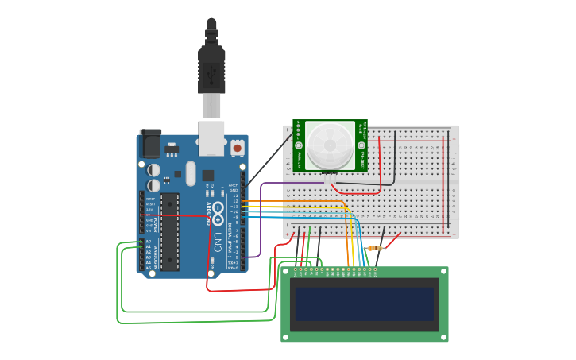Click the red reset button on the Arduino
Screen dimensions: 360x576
point(237,148)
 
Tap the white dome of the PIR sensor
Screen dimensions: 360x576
point(331,145)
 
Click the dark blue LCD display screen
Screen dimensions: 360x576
point(365,304)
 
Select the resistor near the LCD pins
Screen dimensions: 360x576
point(373,248)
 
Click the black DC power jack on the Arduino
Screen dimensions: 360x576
point(150,144)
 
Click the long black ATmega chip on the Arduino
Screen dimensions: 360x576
point(169,231)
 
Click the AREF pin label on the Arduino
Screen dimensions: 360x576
point(234,184)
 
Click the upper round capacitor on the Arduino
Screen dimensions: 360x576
point(153,170)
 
